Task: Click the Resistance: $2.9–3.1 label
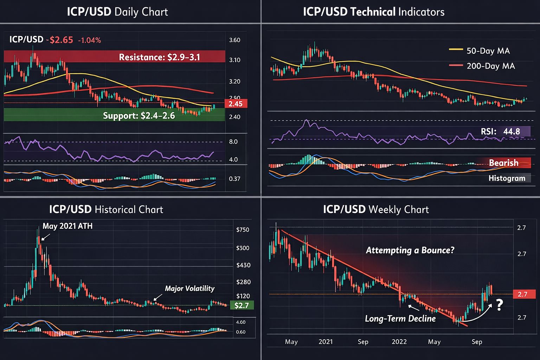[x=159, y=57]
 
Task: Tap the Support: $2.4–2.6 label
[x=139, y=116]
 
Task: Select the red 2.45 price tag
[x=236, y=104]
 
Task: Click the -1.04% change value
[x=89, y=40]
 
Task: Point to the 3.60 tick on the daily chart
[x=234, y=40]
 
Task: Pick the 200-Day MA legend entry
[x=482, y=66]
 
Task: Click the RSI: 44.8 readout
[x=500, y=131]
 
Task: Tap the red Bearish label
[x=503, y=163]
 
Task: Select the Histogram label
[x=507, y=178]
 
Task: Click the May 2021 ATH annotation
[x=67, y=226]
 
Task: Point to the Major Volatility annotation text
[x=189, y=289]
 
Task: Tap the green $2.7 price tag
[x=242, y=306]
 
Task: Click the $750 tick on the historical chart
[x=243, y=230]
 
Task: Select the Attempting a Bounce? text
[x=410, y=250]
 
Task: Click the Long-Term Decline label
[x=400, y=319]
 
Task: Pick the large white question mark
[x=499, y=305]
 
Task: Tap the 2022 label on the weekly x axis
[x=399, y=342]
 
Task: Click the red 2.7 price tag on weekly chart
[x=522, y=294]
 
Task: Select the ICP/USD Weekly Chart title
[x=376, y=210]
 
